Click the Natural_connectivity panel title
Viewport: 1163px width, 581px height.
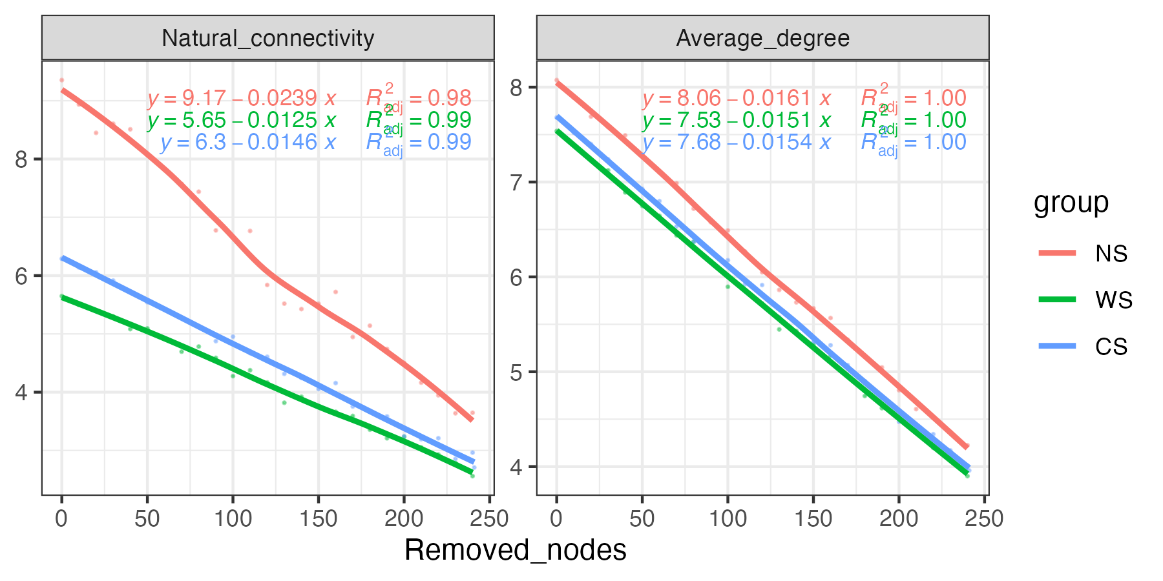(267, 39)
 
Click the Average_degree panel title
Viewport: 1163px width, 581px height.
(762, 39)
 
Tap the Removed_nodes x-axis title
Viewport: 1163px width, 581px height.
(515, 551)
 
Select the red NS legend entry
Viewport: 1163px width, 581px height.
(1111, 254)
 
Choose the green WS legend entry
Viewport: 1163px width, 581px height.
(1113, 300)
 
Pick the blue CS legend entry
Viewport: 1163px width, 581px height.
(1111, 347)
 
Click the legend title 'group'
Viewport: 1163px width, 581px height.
(1071, 203)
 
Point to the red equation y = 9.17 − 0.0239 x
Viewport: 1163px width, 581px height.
(242, 98)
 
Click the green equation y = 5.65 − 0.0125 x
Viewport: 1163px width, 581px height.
(242, 120)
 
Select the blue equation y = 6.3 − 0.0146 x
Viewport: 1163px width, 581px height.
(249, 142)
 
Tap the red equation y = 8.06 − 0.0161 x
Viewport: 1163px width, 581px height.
(737, 98)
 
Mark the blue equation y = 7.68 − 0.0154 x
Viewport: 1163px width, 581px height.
(737, 142)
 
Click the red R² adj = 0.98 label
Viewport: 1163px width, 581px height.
(419, 98)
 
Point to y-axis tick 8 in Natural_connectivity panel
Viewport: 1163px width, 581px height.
(21, 159)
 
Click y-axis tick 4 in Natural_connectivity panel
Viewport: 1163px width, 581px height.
(21, 392)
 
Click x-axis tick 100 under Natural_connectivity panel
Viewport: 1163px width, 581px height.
(233, 518)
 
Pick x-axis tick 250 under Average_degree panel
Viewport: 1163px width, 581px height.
(984, 518)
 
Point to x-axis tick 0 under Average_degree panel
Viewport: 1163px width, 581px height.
(556, 518)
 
